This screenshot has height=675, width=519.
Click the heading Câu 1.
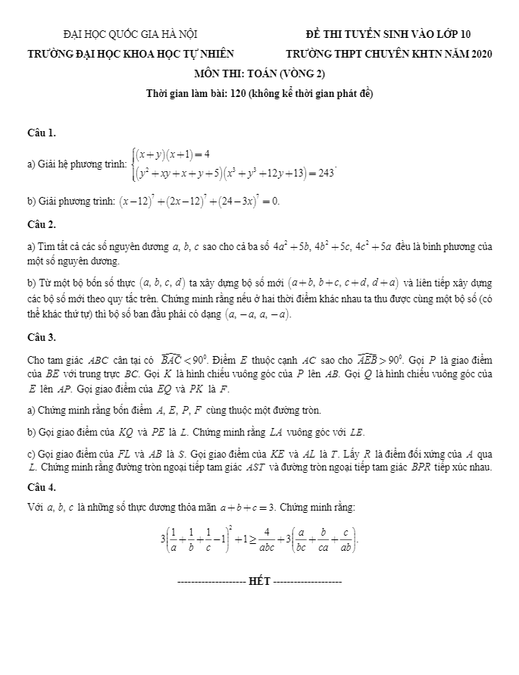(x=41, y=133)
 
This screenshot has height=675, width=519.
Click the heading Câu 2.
(x=41, y=225)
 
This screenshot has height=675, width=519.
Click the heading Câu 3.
(x=41, y=337)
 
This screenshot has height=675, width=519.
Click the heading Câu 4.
(x=41, y=486)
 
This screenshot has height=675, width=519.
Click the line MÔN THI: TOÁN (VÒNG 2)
(x=259, y=73)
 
